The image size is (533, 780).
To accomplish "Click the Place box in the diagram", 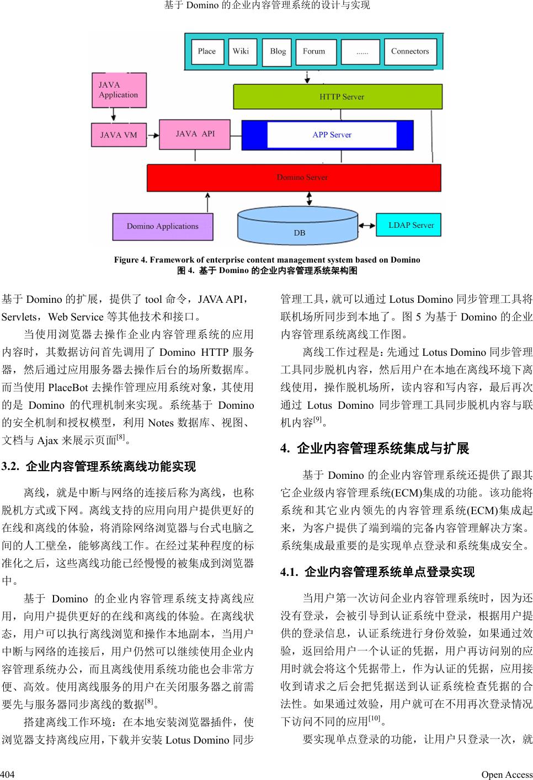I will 207,51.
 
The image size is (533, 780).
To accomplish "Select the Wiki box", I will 241,51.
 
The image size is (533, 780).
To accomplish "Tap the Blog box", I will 278,51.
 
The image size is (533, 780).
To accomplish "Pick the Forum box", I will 314,51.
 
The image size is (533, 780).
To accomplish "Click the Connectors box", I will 410,51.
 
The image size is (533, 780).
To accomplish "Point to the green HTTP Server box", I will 338,97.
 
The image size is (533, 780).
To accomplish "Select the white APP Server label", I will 332,135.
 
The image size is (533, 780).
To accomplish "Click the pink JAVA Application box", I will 119,90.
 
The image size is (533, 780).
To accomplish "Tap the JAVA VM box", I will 119,135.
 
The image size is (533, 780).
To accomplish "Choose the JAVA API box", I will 195,134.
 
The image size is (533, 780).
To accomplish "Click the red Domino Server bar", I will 294,178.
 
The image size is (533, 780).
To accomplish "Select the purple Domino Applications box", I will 163,226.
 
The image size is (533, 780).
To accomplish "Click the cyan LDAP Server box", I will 409,225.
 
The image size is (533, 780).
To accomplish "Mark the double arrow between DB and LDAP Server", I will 366,225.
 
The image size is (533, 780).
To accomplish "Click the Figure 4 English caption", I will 267,260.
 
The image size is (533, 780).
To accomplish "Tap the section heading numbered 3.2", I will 99,467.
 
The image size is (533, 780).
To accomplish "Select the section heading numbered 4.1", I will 377,572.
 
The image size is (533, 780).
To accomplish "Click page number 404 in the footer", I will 7,774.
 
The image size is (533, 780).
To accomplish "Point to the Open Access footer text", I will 507,774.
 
